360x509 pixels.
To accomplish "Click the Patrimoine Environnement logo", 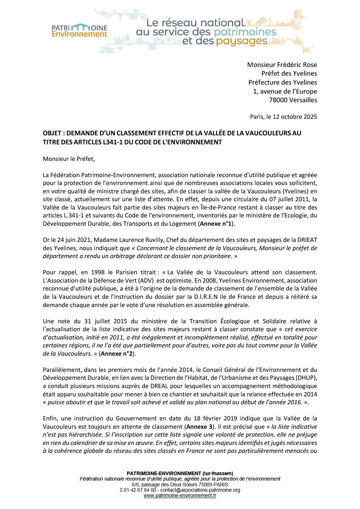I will point(79,31).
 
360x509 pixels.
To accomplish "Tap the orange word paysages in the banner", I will point(242,41).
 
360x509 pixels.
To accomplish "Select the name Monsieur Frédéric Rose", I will point(282,65).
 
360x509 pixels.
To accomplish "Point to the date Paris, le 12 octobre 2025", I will point(283,117).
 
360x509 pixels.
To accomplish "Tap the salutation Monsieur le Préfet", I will point(69,159).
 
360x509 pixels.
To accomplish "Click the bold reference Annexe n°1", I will point(216,224).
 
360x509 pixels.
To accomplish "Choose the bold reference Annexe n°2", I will point(116,353).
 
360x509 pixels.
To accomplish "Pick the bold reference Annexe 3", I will point(197,427).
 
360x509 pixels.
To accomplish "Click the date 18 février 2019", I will point(215,418).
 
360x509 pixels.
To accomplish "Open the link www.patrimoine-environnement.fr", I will point(180,496).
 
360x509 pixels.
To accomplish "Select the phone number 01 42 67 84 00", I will point(140,490).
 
